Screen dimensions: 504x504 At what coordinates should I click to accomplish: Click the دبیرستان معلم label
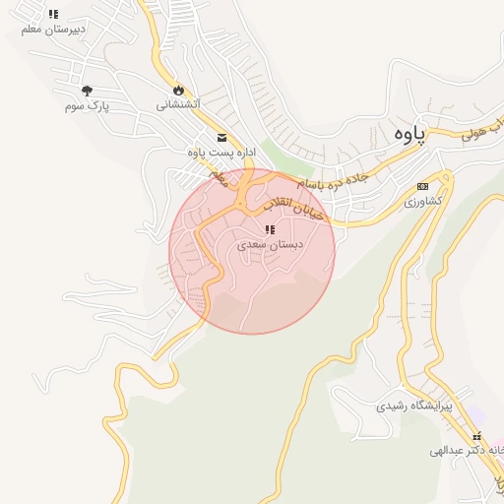(53, 30)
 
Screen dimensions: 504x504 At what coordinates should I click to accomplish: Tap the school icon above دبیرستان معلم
(53, 15)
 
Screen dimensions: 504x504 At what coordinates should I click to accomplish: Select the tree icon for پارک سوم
(88, 90)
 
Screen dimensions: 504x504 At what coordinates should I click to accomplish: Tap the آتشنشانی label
(178, 103)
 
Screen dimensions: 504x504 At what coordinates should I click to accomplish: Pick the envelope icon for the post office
(221, 138)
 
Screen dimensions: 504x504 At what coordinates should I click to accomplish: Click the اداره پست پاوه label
(221, 153)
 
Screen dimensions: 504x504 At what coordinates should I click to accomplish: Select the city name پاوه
(408, 135)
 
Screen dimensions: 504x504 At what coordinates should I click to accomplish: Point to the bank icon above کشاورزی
(423, 186)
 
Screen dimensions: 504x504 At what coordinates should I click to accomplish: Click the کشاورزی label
(424, 201)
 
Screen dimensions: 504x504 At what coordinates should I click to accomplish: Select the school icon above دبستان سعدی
(269, 229)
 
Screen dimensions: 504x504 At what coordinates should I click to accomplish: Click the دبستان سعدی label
(270, 243)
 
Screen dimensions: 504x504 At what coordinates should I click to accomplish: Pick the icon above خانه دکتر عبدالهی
(476, 437)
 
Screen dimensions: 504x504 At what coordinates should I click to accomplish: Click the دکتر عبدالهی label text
(463, 451)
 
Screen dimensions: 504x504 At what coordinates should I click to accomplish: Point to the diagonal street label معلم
(219, 178)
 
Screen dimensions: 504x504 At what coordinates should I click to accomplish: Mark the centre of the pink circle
(252, 251)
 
